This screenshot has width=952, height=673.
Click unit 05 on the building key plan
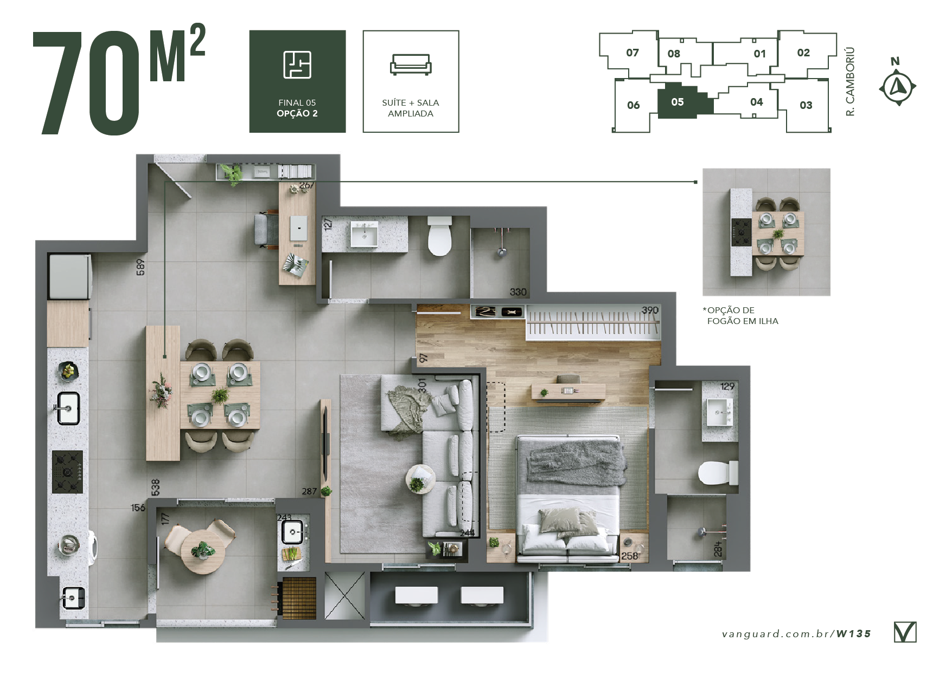(x=678, y=101)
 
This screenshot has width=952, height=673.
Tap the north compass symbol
(x=898, y=86)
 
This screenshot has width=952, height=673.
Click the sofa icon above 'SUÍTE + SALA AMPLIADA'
(x=411, y=64)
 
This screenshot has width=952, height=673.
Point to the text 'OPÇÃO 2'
(x=297, y=113)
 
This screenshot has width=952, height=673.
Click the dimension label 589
(x=140, y=267)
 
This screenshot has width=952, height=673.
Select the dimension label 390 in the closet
(x=650, y=310)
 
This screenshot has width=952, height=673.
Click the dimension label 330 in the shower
(x=518, y=292)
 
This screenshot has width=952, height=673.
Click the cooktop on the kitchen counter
(x=67, y=471)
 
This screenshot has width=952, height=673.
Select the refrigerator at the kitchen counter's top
(x=70, y=276)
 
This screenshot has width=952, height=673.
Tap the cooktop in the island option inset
(x=741, y=232)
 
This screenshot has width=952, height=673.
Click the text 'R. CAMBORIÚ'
(x=850, y=81)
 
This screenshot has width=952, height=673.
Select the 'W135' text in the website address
(x=854, y=633)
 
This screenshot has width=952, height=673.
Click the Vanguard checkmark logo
(x=905, y=632)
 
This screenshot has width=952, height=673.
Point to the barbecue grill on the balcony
(x=298, y=598)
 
